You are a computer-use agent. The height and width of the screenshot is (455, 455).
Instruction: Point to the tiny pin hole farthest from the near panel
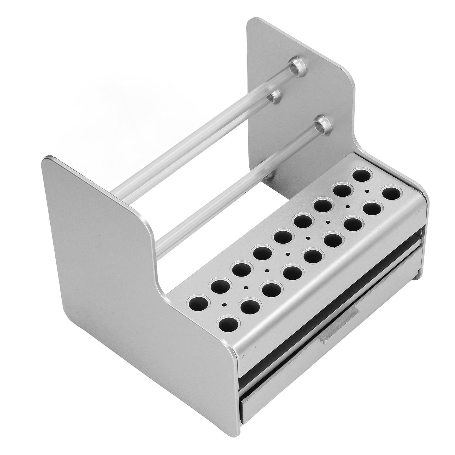(x=367, y=191)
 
